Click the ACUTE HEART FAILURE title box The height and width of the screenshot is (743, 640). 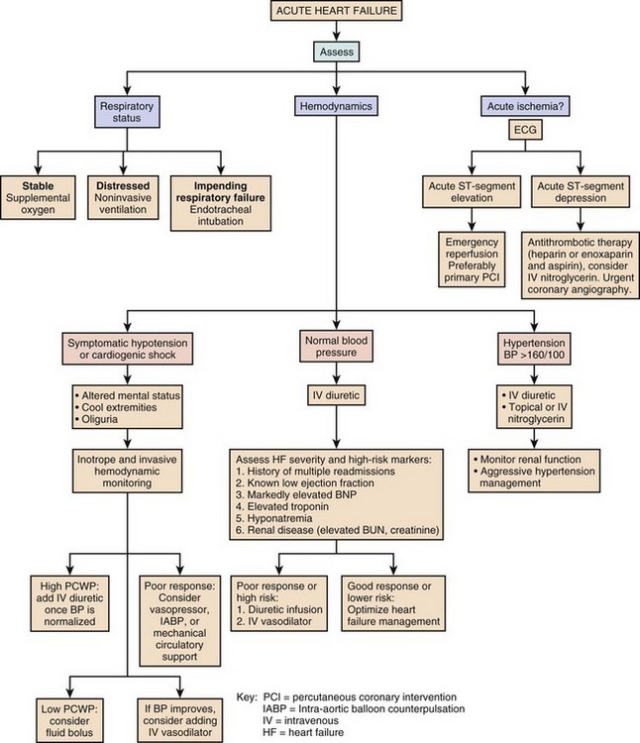(x=319, y=13)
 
